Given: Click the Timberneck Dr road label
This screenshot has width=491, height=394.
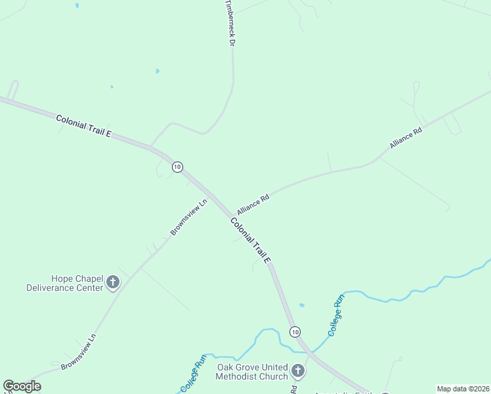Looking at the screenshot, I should [x=230, y=22].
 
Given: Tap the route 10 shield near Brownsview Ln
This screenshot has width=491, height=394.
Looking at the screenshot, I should [x=177, y=167].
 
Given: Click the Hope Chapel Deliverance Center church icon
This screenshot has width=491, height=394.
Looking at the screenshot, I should [x=113, y=283].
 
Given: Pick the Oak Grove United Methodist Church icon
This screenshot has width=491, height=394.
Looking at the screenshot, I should [x=297, y=371].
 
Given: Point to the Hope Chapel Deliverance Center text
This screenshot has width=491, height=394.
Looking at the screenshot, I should [x=64, y=283].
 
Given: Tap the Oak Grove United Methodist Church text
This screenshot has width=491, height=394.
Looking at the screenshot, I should [x=252, y=372].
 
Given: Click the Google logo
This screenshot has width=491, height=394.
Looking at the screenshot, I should [x=22, y=386].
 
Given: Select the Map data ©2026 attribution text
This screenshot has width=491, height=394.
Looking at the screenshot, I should [x=463, y=389].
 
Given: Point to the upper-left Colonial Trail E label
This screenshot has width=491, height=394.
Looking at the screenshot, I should [x=83, y=125].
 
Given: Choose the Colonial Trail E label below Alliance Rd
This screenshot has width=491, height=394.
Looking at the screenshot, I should [x=251, y=240].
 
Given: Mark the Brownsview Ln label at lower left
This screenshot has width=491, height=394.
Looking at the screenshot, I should [x=78, y=351].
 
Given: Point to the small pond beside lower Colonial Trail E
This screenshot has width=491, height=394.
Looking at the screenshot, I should [x=301, y=305].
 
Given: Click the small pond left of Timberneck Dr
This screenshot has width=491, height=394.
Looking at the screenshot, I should [x=158, y=71].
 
